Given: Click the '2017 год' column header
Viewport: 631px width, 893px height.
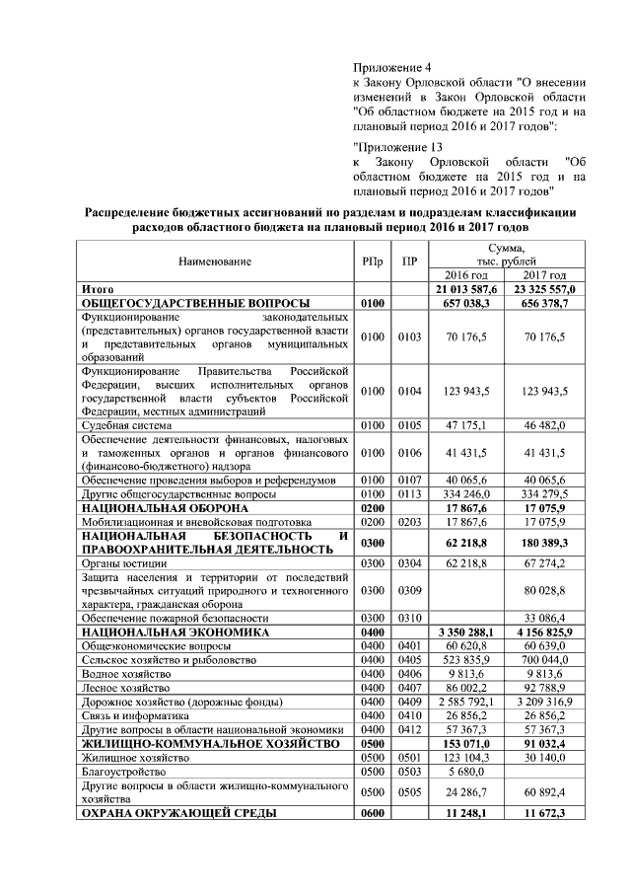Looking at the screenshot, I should [x=543, y=274].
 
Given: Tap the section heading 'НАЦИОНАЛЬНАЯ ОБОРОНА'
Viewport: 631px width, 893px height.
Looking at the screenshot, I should [x=167, y=507].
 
